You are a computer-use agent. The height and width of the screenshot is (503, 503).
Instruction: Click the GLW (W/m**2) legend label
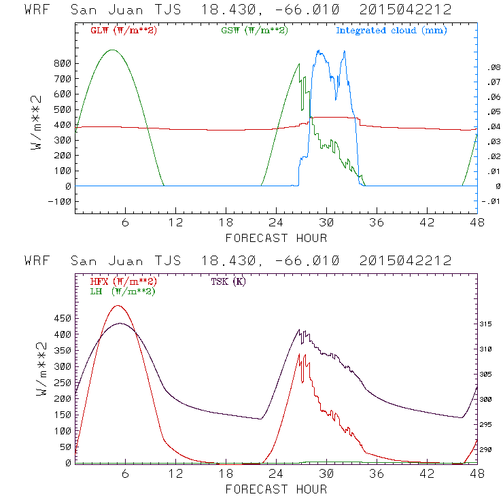pyautogui.click(x=123, y=31)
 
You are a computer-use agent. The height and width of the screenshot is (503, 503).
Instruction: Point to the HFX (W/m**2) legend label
pyautogui.click(x=123, y=281)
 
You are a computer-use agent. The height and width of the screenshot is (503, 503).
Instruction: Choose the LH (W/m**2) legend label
pyautogui.click(x=122, y=291)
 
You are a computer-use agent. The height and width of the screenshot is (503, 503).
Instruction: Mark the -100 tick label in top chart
pyautogui.click(x=57, y=201)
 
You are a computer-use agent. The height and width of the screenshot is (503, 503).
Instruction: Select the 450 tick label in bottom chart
pyautogui.click(x=60, y=318)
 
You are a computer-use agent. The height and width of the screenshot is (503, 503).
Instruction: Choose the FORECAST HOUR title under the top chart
pyautogui.click(x=276, y=238)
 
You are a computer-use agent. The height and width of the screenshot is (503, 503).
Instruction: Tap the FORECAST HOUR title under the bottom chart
pyautogui.click(x=276, y=489)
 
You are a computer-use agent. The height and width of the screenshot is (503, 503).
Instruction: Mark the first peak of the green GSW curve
pyautogui.click(x=113, y=50)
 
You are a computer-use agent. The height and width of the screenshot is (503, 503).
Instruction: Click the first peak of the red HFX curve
pyautogui.click(x=118, y=305)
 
